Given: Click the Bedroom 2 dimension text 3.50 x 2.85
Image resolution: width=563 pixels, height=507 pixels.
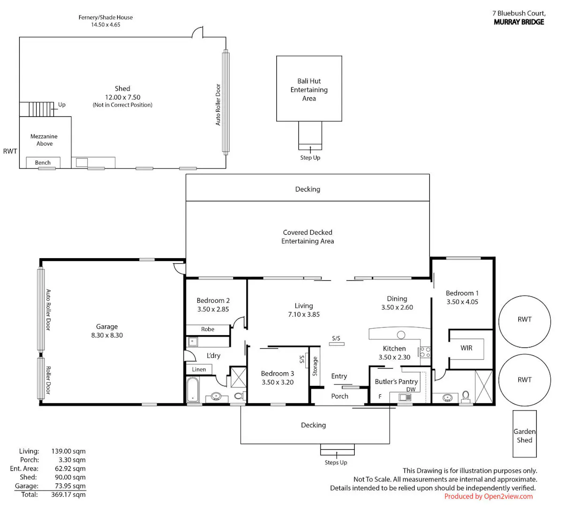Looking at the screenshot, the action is (x=213, y=309).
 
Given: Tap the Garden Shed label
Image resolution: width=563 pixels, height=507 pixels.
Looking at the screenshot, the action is (x=524, y=436).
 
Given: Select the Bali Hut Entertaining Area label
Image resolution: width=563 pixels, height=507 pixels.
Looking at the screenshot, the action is (x=309, y=90).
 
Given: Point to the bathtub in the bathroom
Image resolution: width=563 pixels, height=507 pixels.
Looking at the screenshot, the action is (x=192, y=390).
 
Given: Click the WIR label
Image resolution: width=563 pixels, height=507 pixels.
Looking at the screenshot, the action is (x=466, y=348).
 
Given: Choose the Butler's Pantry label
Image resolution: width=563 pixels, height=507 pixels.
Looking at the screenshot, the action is (x=396, y=382).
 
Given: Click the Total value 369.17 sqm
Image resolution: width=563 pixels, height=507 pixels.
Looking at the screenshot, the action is (x=68, y=495).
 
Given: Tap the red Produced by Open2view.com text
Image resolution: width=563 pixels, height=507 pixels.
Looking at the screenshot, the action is (x=488, y=497).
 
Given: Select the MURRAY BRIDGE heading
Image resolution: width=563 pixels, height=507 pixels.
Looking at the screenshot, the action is (x=519, y=22).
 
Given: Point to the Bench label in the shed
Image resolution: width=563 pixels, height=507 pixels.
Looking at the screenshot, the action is (x=43, y=162).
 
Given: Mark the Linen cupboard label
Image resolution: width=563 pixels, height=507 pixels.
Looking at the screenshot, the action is (x=199, y=369).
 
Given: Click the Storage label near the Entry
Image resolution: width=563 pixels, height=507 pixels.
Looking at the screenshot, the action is (x=315, y=366).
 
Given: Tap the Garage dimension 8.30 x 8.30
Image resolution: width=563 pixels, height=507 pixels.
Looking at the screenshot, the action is (x=107, y=335).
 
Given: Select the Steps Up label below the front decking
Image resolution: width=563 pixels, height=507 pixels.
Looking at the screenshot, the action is (x=336, y=462).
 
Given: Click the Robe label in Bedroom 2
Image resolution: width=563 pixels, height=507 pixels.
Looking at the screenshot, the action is (x=208, y=329).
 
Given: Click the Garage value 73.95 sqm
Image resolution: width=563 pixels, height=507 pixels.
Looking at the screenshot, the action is (x=70, y=486).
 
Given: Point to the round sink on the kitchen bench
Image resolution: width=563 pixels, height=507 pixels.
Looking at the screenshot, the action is (x=401, y=335).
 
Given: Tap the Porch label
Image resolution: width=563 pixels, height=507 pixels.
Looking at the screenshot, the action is (x=340, y=396).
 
